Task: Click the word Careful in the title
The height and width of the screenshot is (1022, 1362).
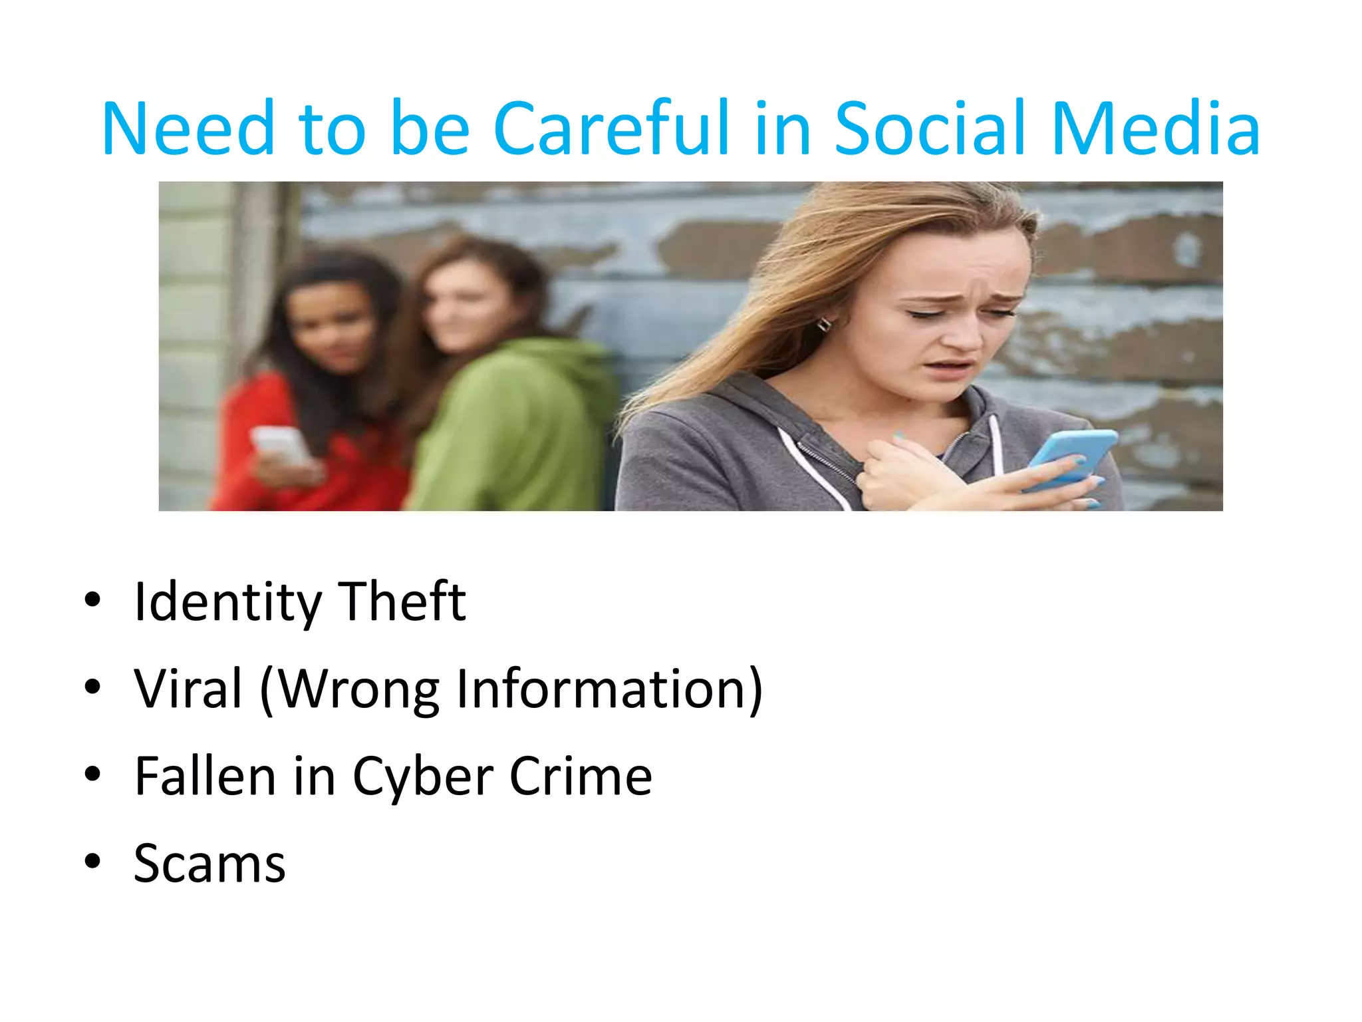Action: click(611, 128)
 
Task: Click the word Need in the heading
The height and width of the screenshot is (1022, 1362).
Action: click(188, 128)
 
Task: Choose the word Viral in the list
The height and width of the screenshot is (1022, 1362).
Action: click(188, 689)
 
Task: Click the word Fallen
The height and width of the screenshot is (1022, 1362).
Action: click(205, 776)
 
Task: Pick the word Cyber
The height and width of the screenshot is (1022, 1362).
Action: click(422, 777)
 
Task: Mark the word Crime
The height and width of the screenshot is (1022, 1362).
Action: click(581, 776)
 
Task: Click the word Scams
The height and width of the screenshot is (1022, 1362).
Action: click(209, 864)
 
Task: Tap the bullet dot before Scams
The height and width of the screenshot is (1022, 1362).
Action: click(92, 862)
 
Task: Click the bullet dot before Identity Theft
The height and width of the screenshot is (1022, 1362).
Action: click(92, 599)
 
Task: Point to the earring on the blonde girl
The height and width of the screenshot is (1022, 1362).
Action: click(824, 325)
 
